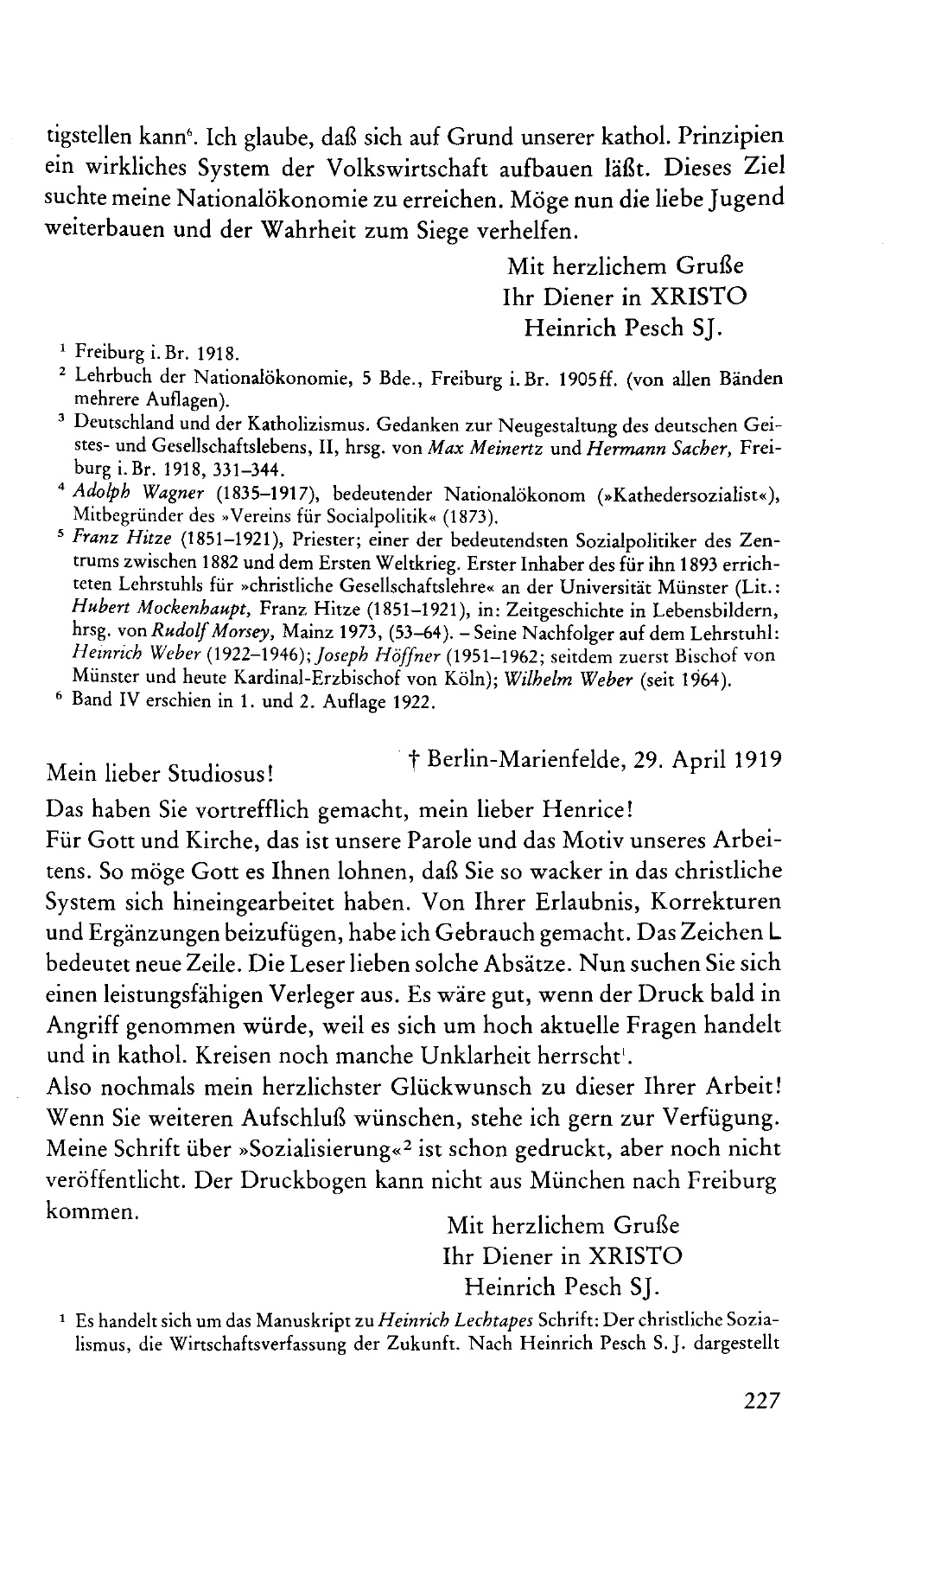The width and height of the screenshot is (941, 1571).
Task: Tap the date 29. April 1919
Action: pyautogui.click(x=708, y=759)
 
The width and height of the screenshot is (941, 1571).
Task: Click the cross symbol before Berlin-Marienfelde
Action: pyautogui.click(x=415, y=762)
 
